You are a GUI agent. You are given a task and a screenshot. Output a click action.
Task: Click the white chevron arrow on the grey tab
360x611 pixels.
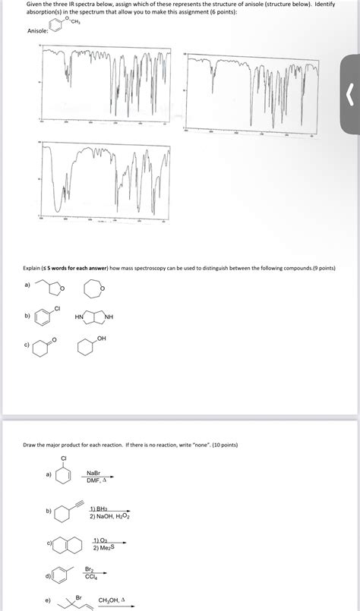point(349,96)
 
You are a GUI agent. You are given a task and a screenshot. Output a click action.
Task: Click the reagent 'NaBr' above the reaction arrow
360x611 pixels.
point(95,472)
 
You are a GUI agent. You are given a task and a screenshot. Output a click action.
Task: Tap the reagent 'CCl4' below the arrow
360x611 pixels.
point(89,576)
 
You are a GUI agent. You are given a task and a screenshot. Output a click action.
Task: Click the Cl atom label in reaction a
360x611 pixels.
point(64,458)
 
